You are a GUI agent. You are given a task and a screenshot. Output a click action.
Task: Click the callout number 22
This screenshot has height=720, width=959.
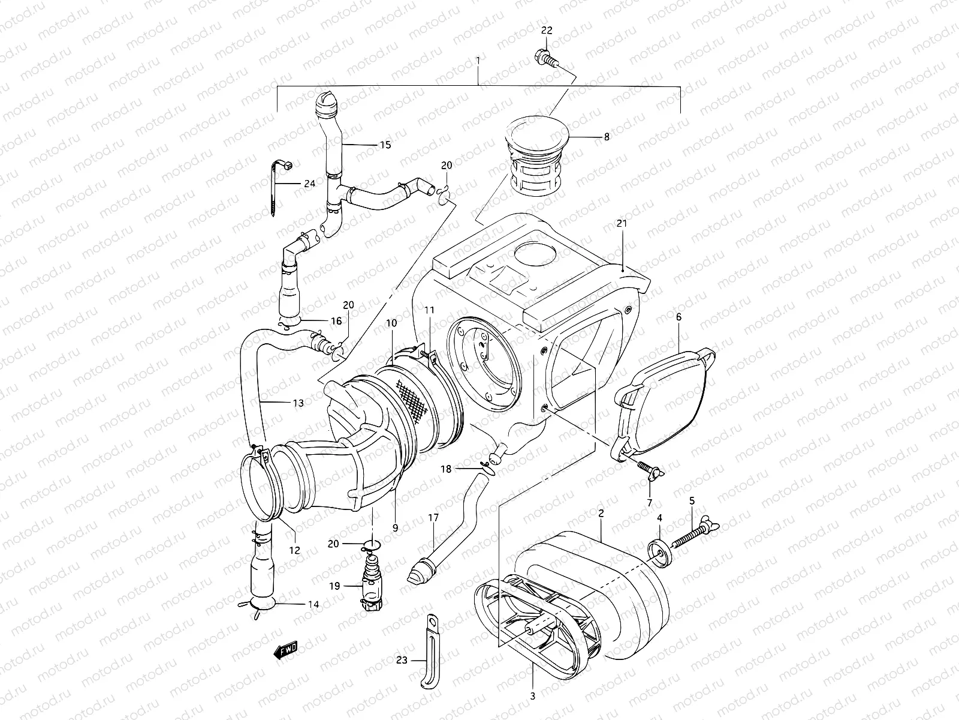click(x=546, y=31)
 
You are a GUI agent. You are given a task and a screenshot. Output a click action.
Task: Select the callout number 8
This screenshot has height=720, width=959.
click(x=607, y=137)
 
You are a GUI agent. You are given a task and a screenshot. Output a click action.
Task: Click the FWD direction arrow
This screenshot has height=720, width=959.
click(x=286, y=650)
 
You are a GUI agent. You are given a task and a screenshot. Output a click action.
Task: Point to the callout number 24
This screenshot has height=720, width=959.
click(x=309, y=184)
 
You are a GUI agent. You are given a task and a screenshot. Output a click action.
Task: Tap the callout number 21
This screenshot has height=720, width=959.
click(x=621, y=224)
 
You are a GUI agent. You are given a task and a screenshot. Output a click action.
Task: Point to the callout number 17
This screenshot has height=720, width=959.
click(x=433, y=517)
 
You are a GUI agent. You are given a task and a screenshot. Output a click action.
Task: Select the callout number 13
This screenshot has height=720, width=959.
click(x=298, y=403)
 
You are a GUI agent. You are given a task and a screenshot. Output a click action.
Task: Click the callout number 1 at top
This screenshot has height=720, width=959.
click(x=478, y=60)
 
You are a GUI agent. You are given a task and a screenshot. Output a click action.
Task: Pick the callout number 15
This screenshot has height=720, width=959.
click(x=385, y=145)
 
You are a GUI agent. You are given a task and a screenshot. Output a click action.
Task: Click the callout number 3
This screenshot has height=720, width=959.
click(x=533, y=697)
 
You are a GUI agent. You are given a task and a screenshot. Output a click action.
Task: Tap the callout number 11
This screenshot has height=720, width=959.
click(x=429, y=310)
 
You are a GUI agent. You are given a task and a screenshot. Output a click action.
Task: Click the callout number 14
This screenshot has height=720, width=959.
click(x=313, y=605)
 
